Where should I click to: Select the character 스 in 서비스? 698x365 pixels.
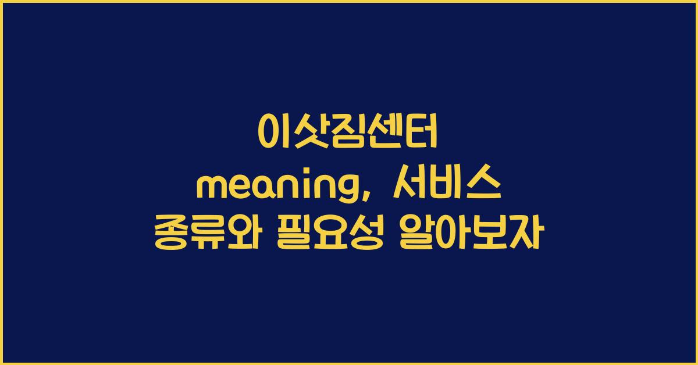pyautogui.click(x=484, y=187)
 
